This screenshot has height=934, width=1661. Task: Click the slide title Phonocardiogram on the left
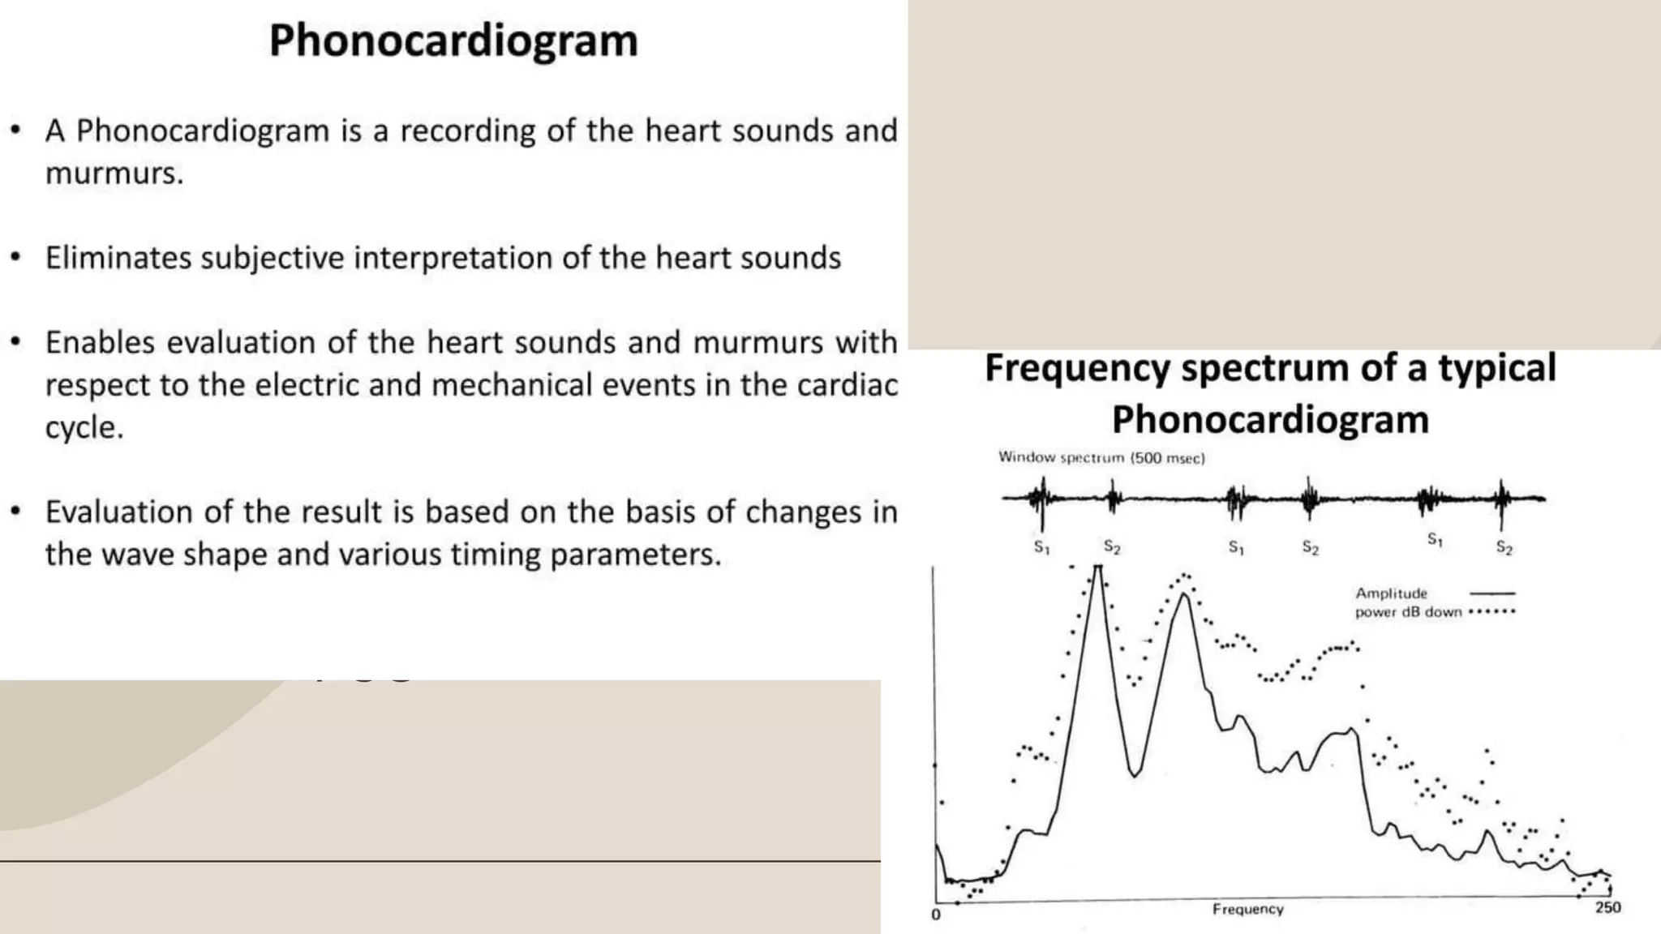click(x=453, y=41)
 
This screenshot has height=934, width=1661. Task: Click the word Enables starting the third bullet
click(x=100, y=342)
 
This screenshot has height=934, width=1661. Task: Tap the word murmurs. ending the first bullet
click(x=114, y=174)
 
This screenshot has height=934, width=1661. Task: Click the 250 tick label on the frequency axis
click(x=1607, y=907)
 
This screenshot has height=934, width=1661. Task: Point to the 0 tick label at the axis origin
click(x=936, y=915)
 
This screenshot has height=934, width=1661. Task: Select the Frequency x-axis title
click(x=1247, y=909)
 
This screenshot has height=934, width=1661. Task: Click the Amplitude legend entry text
click(x=1391, y=593)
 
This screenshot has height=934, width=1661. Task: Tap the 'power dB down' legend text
click(x=1408, y=612)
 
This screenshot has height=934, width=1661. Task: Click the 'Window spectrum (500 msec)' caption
click(x=1101, y=457)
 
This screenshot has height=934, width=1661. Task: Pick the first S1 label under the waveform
click(x=1041, y=547)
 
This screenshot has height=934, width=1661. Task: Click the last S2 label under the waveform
click(x=1504, y=547)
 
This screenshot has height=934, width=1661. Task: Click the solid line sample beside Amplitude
click(x=1492, y=593)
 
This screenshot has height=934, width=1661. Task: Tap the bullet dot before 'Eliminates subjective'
click(x=15, y=258)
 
